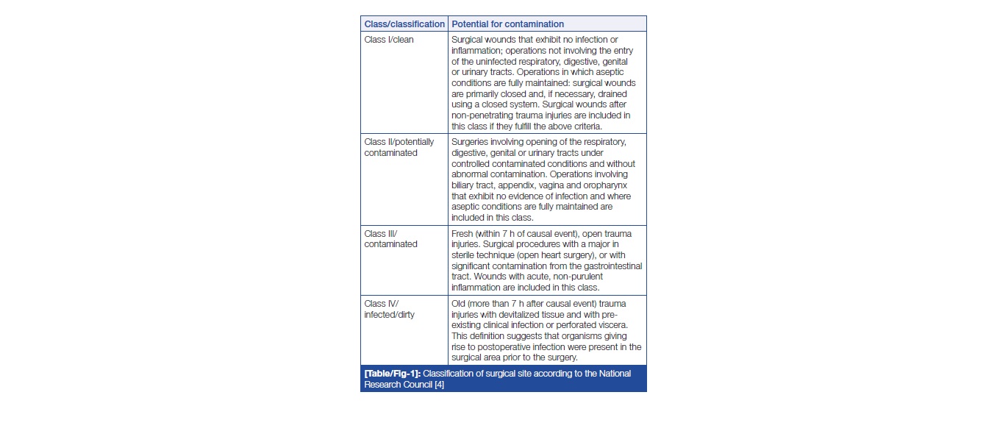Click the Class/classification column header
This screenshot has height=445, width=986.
pyautogui.click(x=404, y=24)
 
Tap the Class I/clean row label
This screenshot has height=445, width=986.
pyautogui.click(x=389, y=40)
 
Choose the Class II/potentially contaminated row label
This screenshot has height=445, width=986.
pyautogui.click(x=399, y=147)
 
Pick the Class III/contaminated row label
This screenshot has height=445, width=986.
pyautogui.click(x=390, y=239)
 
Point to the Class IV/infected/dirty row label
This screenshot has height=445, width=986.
pyautogui.click(x=389, y=309)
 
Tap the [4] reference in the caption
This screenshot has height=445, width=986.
pyautogui.click(x=439, y=385)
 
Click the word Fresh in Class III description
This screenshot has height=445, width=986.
pyautogui.click(x=463, y=234)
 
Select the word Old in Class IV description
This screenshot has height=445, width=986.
pyautogui.click(x=459, y=303)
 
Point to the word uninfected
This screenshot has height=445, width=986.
pyautogui.click(x=485, y=61)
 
